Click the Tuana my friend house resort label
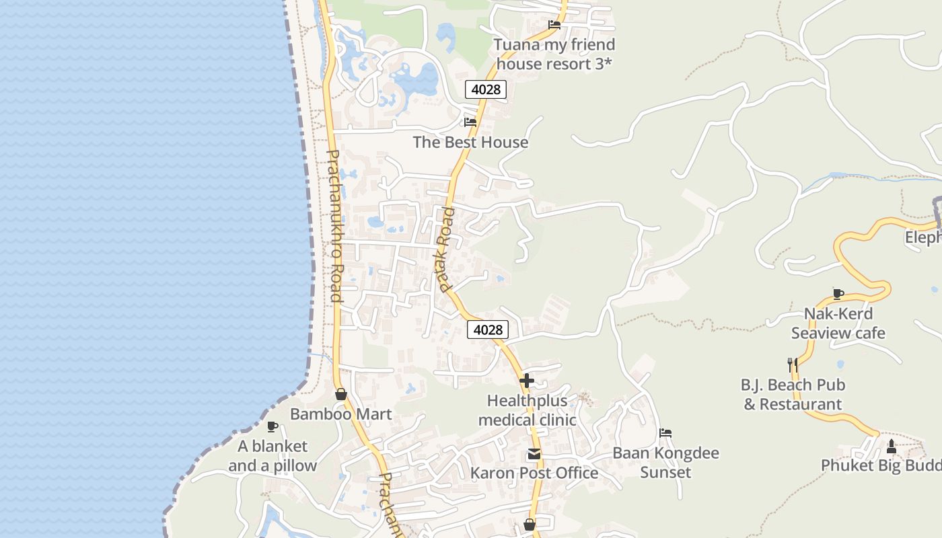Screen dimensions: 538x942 tap(554, 54)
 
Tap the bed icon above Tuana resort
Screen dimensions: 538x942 tap(554, 25)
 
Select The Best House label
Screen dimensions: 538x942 tap(470, 143)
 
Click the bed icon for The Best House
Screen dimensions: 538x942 tap(470, 122)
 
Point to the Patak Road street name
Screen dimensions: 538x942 tap(446, 249)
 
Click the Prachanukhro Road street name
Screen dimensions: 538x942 tap(334, 225)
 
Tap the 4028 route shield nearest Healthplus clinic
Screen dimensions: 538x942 tap(488, 330)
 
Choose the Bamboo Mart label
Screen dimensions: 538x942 tap(340, 414)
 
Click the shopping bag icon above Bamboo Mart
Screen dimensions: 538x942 tap(341, 394)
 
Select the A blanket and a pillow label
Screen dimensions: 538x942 tap(273, 456)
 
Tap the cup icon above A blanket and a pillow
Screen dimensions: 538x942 tap(273, 426)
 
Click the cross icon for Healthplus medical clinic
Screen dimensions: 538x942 tap(527, 381)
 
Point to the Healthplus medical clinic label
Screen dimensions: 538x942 tap(527, 410)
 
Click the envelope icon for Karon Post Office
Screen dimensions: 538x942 tap(534, 454)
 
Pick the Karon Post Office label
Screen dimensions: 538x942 tap(534, 473)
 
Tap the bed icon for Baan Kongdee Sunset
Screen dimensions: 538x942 tap(665, 433)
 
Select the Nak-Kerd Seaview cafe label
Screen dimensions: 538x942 tap(838, 323)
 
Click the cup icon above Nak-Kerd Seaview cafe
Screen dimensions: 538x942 tap(838, 293)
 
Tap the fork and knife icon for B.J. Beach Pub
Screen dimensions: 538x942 tap(793, 365)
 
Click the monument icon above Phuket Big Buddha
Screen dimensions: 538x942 tap(892, 446)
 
